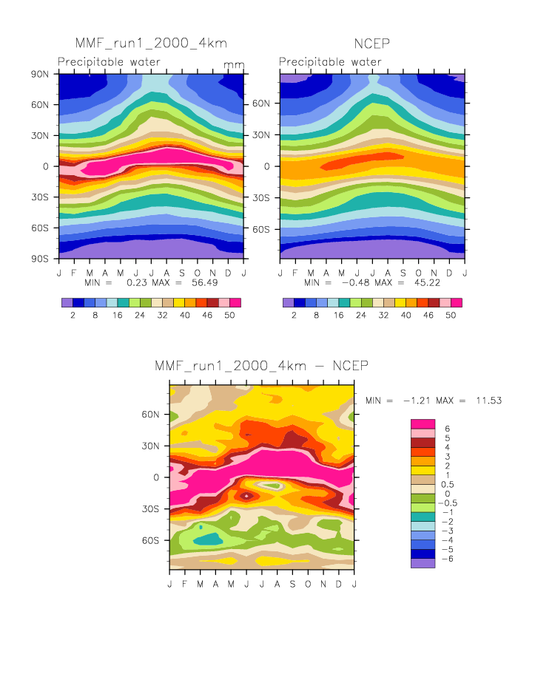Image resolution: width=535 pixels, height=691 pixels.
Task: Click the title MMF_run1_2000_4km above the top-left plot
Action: point(140,43)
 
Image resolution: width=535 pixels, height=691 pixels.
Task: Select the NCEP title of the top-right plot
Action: point(371,43)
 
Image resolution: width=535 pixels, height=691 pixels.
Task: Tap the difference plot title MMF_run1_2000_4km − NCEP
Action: point(261,366)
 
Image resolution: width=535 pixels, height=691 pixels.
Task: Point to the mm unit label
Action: point(234,65)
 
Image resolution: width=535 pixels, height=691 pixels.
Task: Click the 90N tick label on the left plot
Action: point(40,74)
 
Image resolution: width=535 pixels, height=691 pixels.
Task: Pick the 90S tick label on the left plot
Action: point(40,259)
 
